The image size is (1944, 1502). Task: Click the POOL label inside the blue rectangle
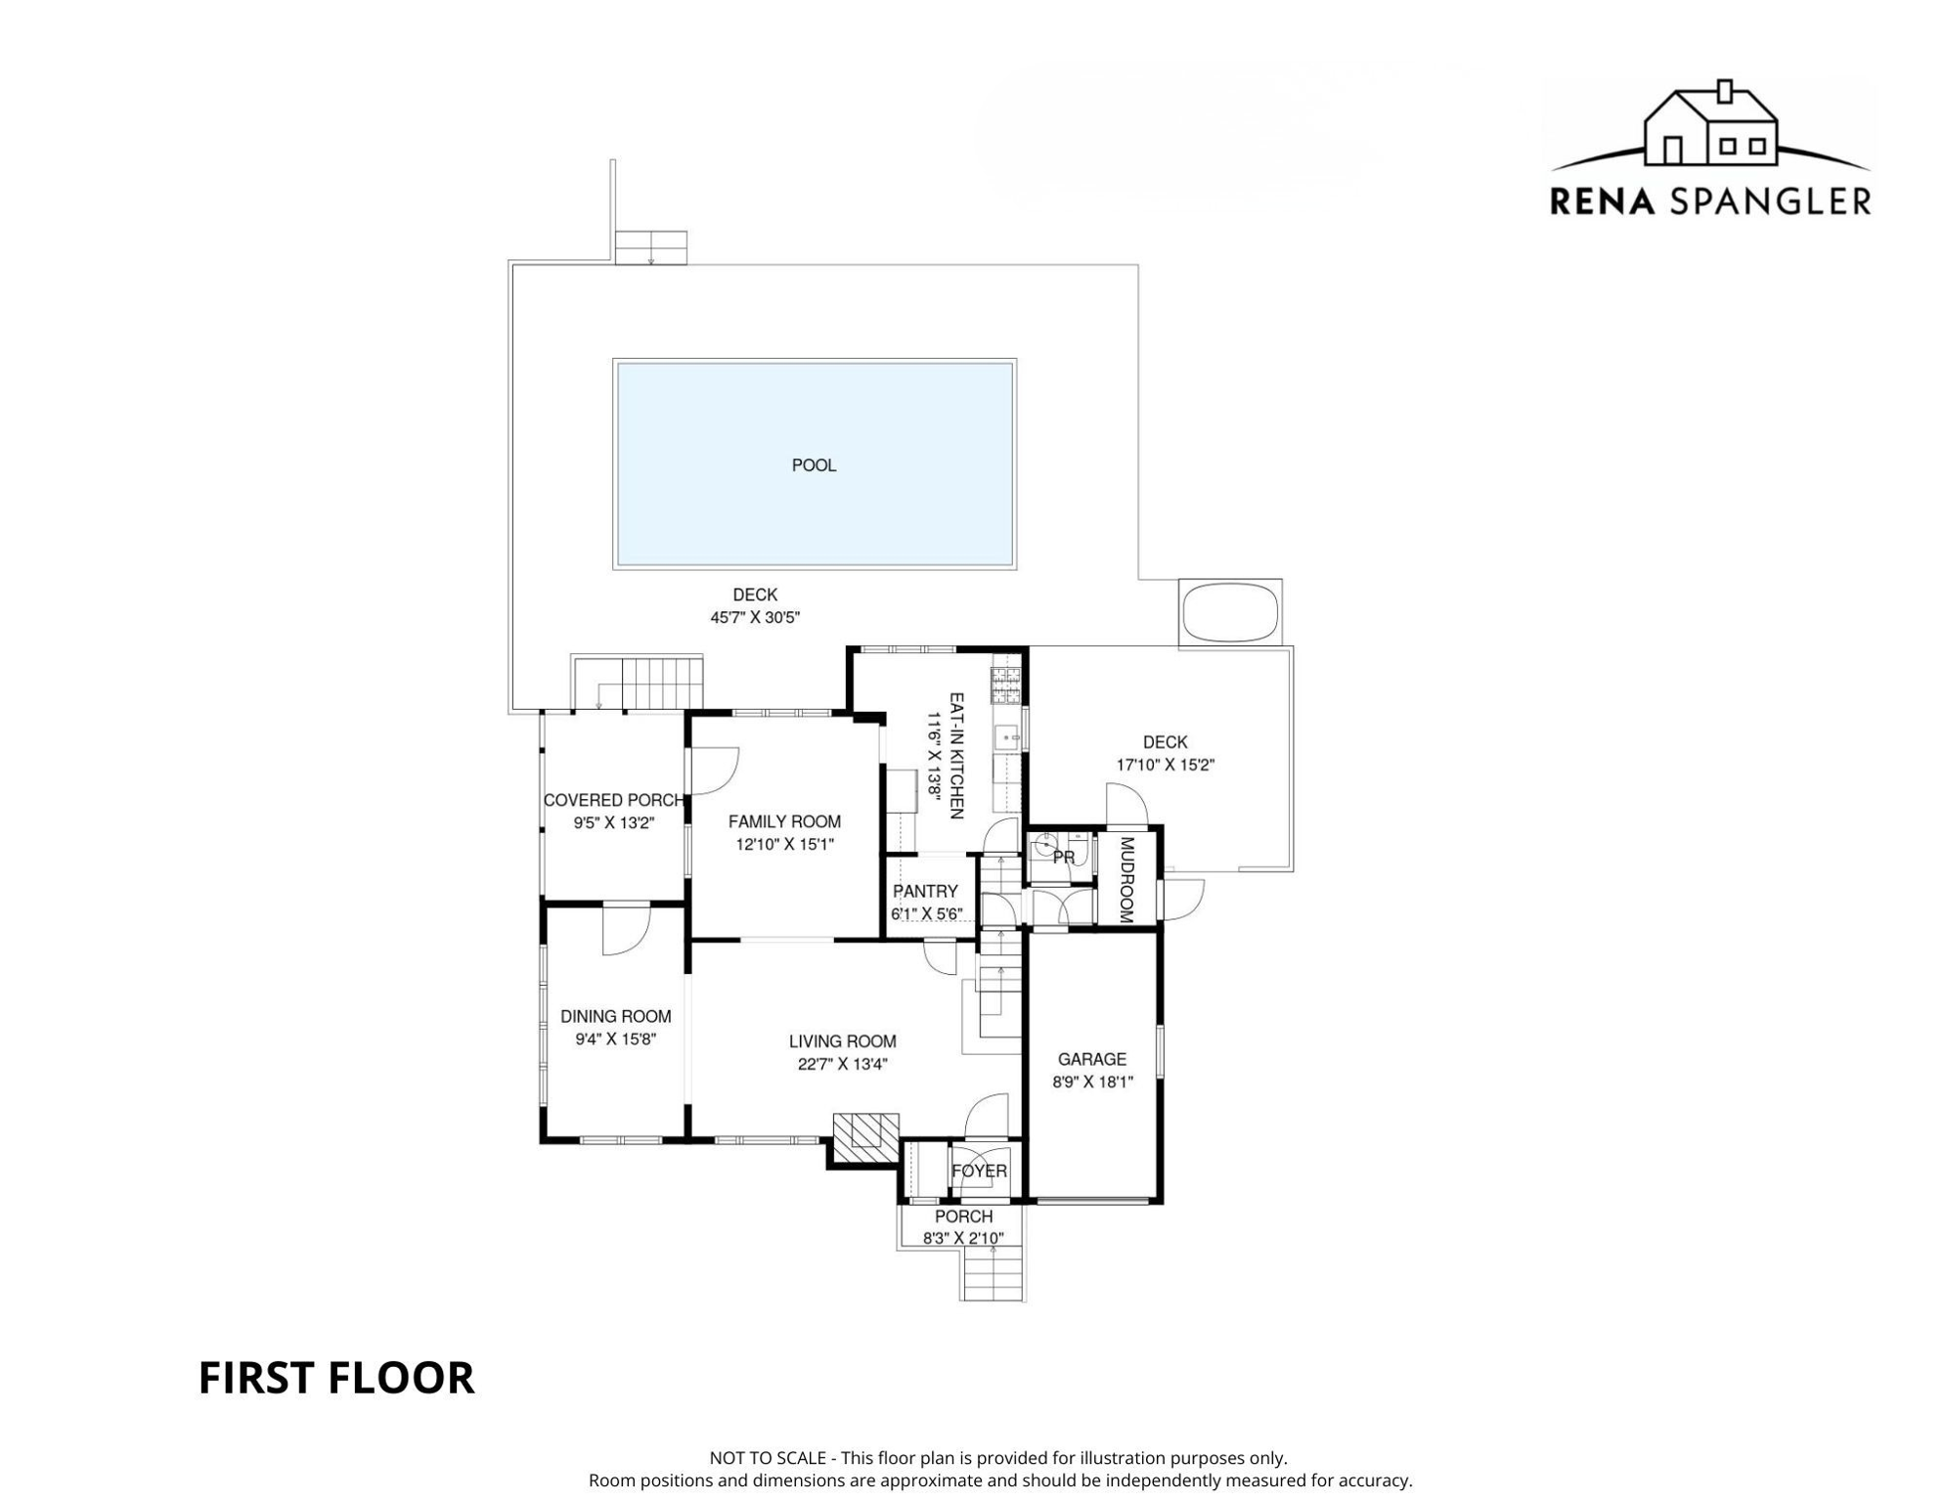coord(814,465)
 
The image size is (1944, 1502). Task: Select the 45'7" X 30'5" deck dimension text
coord(755,618)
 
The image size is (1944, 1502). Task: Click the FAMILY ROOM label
coord(784,821)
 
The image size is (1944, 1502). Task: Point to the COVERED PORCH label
coord(613,800)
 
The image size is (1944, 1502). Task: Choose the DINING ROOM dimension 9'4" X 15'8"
coord(615,1039)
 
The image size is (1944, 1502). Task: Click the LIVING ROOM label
coord(842,1041)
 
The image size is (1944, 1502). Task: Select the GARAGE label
coord(1091,1059)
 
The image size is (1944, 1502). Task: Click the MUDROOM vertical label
coord(1126,880)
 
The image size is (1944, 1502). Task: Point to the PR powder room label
coord(1064,858)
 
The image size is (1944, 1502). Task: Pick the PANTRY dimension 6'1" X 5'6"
coord(926,914)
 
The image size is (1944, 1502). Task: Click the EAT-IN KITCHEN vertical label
coord(956,755)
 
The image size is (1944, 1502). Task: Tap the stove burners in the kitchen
coord(1005,685)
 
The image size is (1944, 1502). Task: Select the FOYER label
coord(979,1171)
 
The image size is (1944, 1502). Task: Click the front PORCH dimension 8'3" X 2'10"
coord(963,1239)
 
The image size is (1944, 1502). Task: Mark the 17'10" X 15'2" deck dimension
coord(1165,765)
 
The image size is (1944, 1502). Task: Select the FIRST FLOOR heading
coord(335,1378)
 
